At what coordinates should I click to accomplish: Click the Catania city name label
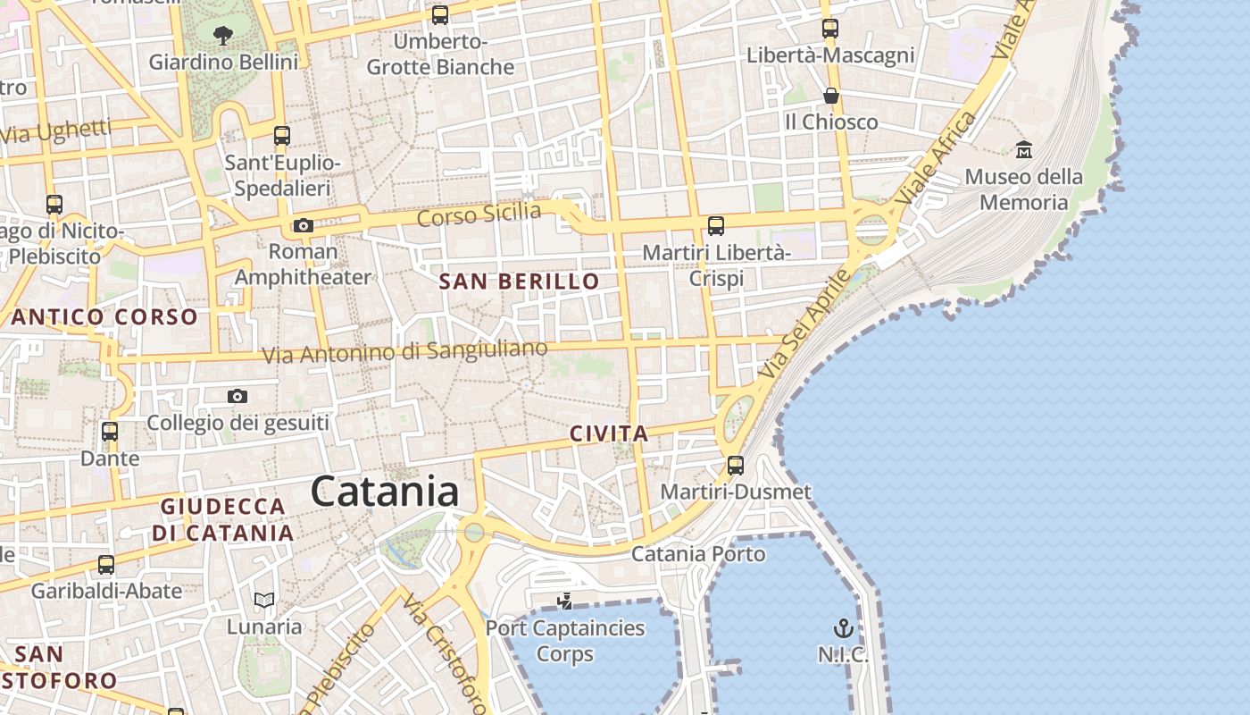pos(385,492)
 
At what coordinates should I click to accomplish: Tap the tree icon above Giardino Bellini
pos(223,36)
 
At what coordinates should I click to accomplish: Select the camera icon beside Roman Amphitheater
pos(304,225)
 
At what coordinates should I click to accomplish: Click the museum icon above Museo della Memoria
pos(1023,149)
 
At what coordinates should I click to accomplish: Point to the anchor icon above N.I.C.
pos(843,627)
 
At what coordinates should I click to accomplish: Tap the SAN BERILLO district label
pos(519,282)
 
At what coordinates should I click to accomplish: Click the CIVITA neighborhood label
pos(609,434)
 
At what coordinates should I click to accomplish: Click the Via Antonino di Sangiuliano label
pos(404,352)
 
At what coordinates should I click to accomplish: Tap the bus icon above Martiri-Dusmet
pos(736,465)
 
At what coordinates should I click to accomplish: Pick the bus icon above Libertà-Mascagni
pos(830,29)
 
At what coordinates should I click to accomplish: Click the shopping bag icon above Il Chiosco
pos(830,95)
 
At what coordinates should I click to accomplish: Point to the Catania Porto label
pos(698,554)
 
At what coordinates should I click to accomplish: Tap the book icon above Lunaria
pos(264,600)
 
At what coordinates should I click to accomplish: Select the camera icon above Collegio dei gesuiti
pos(237,396)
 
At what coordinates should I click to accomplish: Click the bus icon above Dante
pos(110,432)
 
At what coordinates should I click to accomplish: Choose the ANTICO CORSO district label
pos(104,316)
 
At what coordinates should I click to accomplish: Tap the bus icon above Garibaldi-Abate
pos(106,565)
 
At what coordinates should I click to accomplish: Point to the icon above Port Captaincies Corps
pos(564,600)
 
